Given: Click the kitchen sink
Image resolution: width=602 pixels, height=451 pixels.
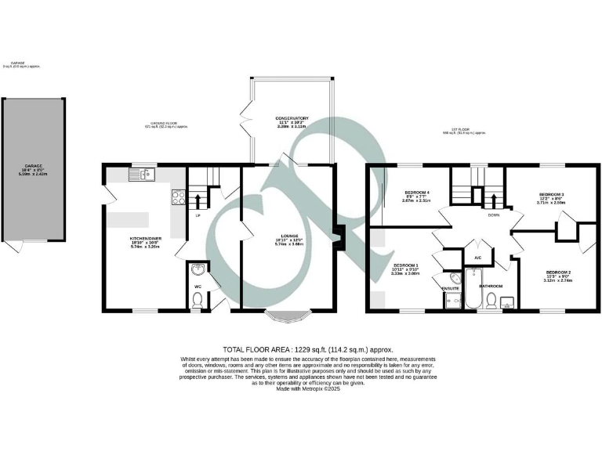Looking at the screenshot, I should [x=146, y=174].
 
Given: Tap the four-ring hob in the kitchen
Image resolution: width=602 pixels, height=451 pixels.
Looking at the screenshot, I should [x=177, y=197].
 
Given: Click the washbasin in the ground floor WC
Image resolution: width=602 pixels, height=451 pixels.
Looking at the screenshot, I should [x=197, y=271].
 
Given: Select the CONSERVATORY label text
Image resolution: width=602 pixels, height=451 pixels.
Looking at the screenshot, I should [x=292, y=118].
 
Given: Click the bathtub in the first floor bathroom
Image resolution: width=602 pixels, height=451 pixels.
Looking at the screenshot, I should [x=473, y=289].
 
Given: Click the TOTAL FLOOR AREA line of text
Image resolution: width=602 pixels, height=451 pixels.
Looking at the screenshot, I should [x=307, y=350].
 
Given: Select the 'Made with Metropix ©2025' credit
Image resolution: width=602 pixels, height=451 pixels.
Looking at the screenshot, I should [x=307, y=388].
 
